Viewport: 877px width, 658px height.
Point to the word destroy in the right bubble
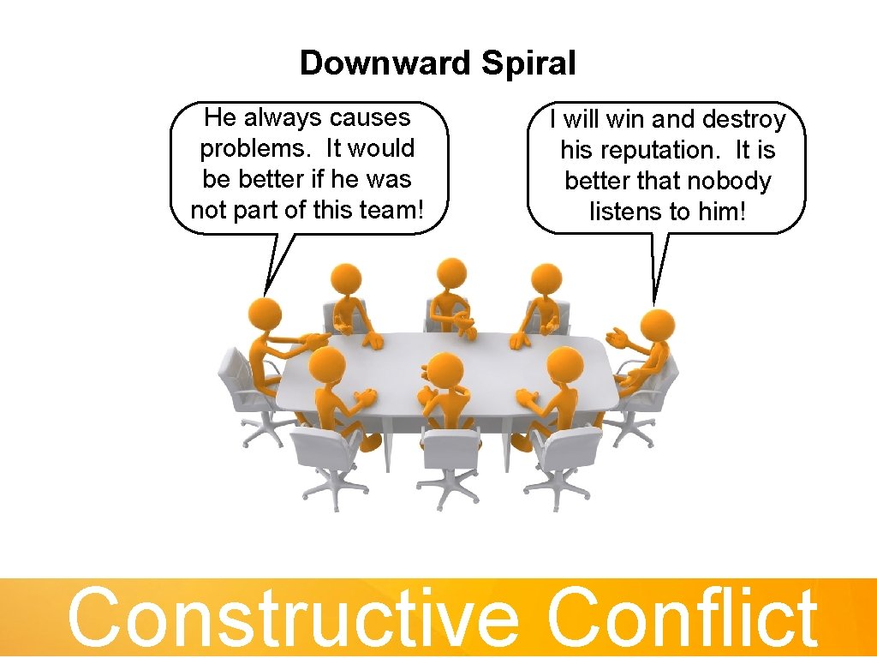[x=743, y=119]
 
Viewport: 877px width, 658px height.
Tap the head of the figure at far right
[x=657, y=326]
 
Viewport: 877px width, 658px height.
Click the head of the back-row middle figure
[x=450, y=274]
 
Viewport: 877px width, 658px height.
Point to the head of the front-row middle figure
[x=445, y=370]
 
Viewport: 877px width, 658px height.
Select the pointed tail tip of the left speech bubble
[x=266, y=294]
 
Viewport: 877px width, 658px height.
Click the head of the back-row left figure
[x=345, y=279]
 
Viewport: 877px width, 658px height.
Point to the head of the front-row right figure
[x=564, y=366]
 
